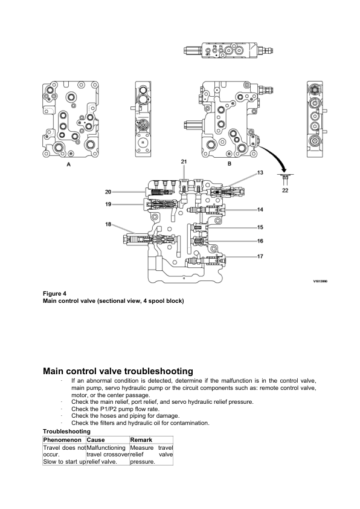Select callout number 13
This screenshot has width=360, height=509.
(260, 173)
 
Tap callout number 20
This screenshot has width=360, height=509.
(109, 192)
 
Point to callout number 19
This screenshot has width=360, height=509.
(109, 204)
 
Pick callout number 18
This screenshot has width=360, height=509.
(109, 224)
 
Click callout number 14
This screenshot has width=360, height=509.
(260, 210)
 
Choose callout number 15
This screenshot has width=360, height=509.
(260, 227)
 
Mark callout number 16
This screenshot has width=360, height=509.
(260, 241)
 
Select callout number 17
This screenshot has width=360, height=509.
(260, 256)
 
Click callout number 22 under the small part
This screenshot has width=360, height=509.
(284, 189)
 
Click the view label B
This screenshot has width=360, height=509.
(230, 163)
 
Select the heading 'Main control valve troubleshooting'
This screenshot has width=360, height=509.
(118, 371)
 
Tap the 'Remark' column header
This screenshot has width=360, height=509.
(141, 440)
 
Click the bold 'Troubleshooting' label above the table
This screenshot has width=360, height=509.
(66, 432)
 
